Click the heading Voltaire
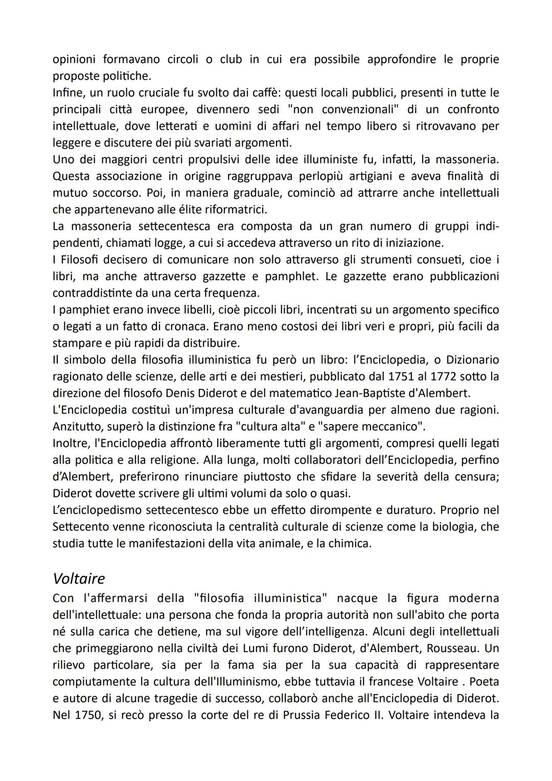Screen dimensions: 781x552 (79, 578)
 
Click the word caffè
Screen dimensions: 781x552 (265, 93)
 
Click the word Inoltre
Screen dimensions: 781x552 (69, 443)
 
